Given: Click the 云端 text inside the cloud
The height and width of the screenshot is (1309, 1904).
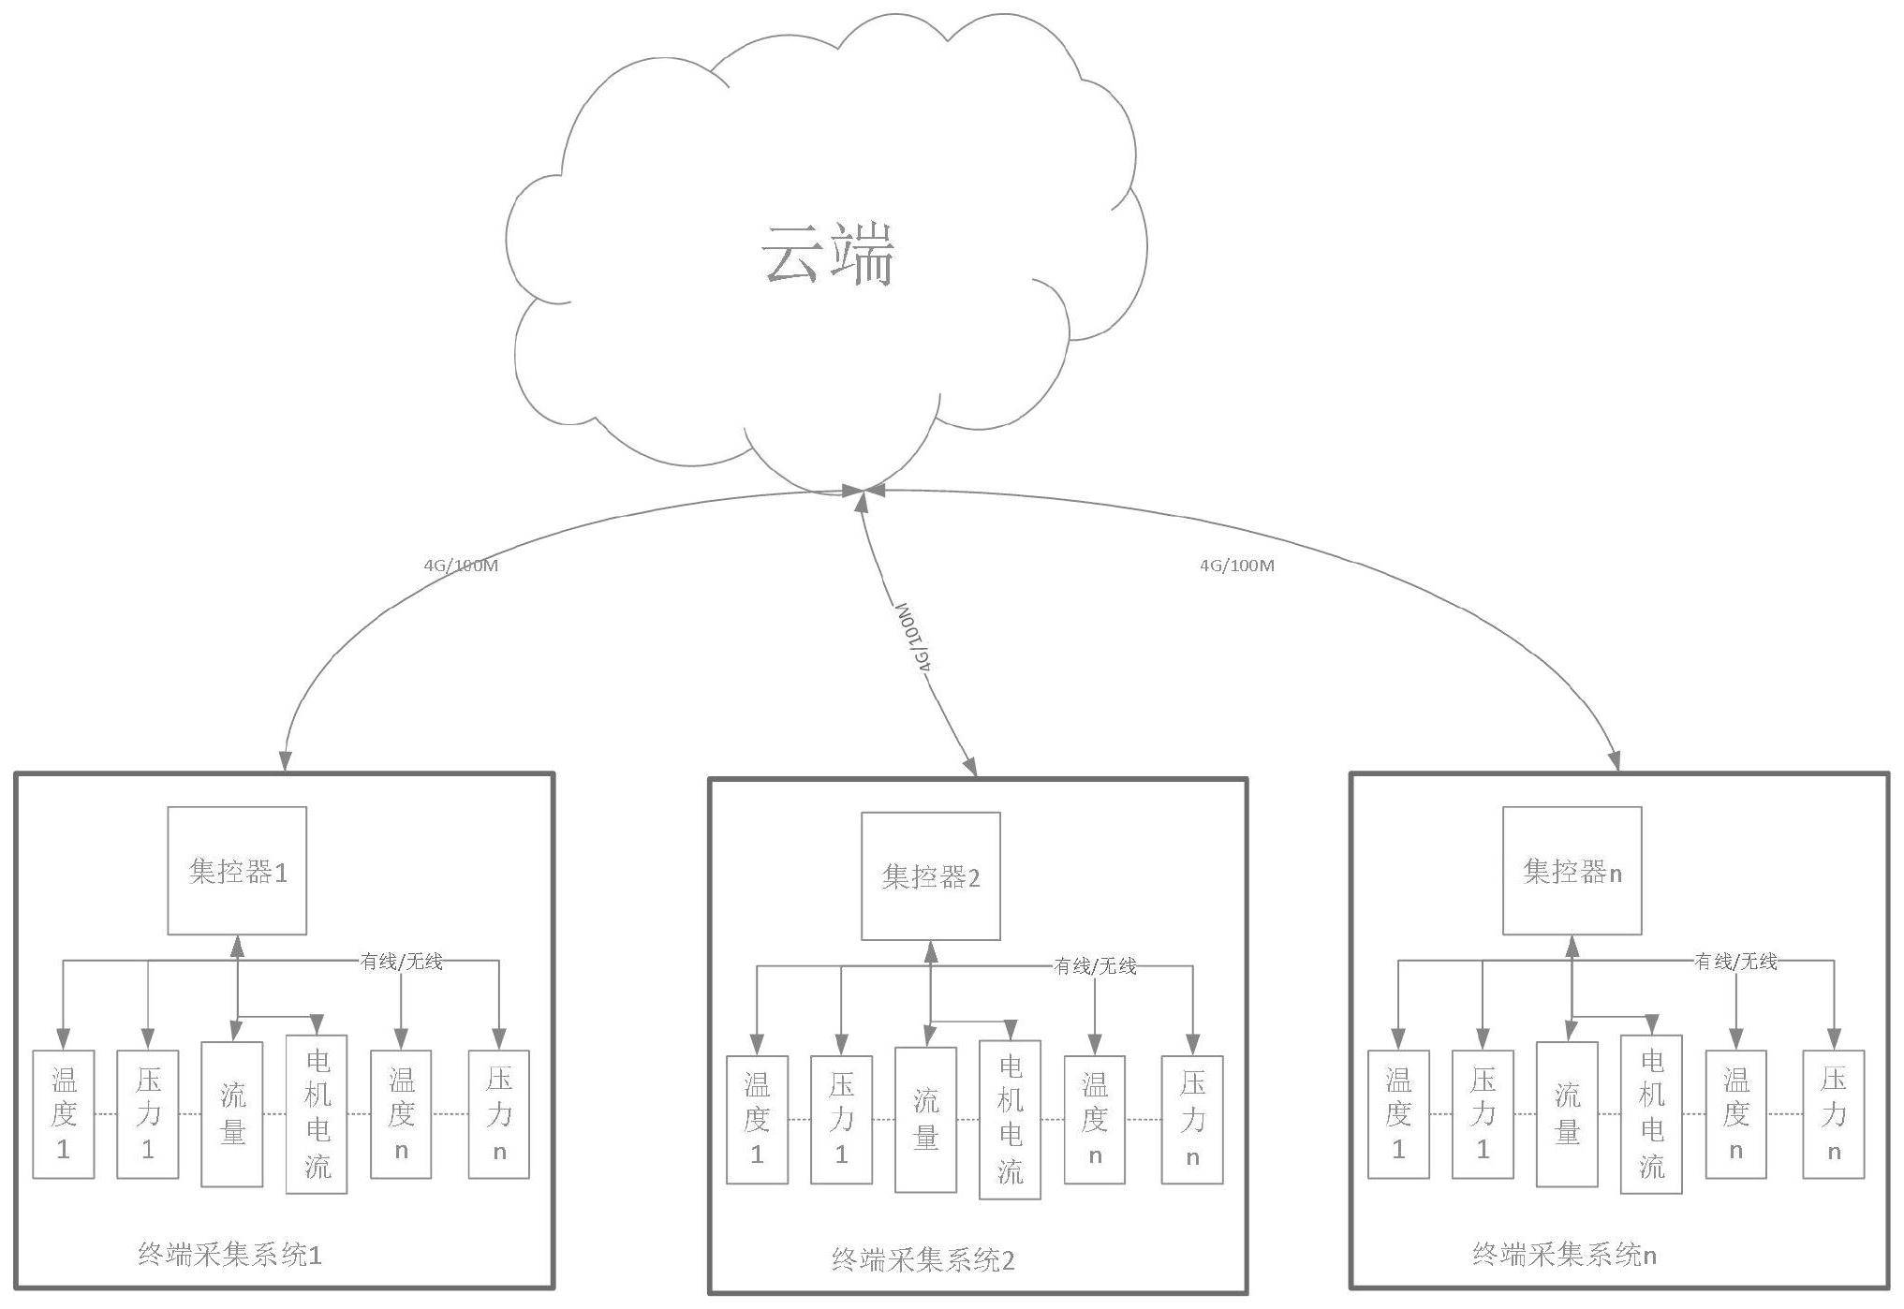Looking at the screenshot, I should click(828, 255).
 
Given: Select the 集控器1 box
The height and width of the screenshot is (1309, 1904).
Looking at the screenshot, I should click(237, 871).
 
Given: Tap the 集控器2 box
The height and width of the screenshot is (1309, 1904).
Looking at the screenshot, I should click(930, 876).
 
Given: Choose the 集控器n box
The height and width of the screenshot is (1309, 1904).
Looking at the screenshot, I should click(1572, 871).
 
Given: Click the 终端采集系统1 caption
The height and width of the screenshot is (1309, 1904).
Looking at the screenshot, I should click(229, 1256).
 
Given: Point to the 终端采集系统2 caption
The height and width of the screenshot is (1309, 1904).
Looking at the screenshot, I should click(922, 1260).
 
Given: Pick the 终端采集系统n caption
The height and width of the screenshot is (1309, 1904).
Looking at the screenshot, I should click(1564, 1255).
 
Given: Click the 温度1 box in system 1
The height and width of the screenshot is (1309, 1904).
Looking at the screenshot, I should click(64, 1114).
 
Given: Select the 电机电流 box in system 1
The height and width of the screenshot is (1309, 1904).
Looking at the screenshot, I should click(317, 1114).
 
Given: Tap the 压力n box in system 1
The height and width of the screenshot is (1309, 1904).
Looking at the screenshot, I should click(498, 1114).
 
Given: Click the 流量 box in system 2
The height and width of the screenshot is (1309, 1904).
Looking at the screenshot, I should click(925, 1120).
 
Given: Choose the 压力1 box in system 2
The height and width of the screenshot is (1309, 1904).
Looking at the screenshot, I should click(841, 1120).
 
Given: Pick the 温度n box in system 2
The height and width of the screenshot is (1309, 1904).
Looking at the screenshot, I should click(1094, 1120).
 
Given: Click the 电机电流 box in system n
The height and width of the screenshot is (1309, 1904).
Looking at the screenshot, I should click(1651, 1114).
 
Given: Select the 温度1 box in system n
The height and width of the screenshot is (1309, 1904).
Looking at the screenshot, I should click(1398, 1114).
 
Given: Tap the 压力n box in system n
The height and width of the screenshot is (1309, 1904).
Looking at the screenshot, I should click(1833, 1114).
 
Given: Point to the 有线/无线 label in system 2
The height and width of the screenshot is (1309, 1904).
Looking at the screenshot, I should click(1095, 966).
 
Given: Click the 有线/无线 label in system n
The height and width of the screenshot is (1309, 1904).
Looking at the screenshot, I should click(1735, 961).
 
